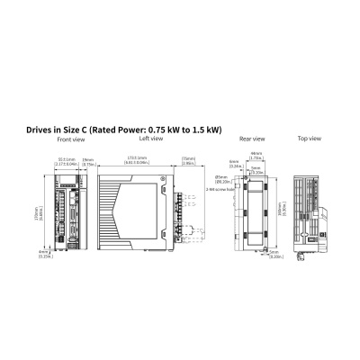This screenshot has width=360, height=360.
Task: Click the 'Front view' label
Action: pos(71,140)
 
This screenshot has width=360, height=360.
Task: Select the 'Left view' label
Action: pos(150,139)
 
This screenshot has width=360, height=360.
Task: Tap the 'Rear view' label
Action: pos(251,139)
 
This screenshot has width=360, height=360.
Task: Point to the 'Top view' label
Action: pos(309,139)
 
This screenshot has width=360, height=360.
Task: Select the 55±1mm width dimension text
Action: pos(66,162)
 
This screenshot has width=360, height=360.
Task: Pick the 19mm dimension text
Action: pos(88,162)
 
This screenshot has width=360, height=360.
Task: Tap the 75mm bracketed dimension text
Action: pos(188,162)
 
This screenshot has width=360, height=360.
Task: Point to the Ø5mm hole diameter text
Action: pos(220,179)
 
